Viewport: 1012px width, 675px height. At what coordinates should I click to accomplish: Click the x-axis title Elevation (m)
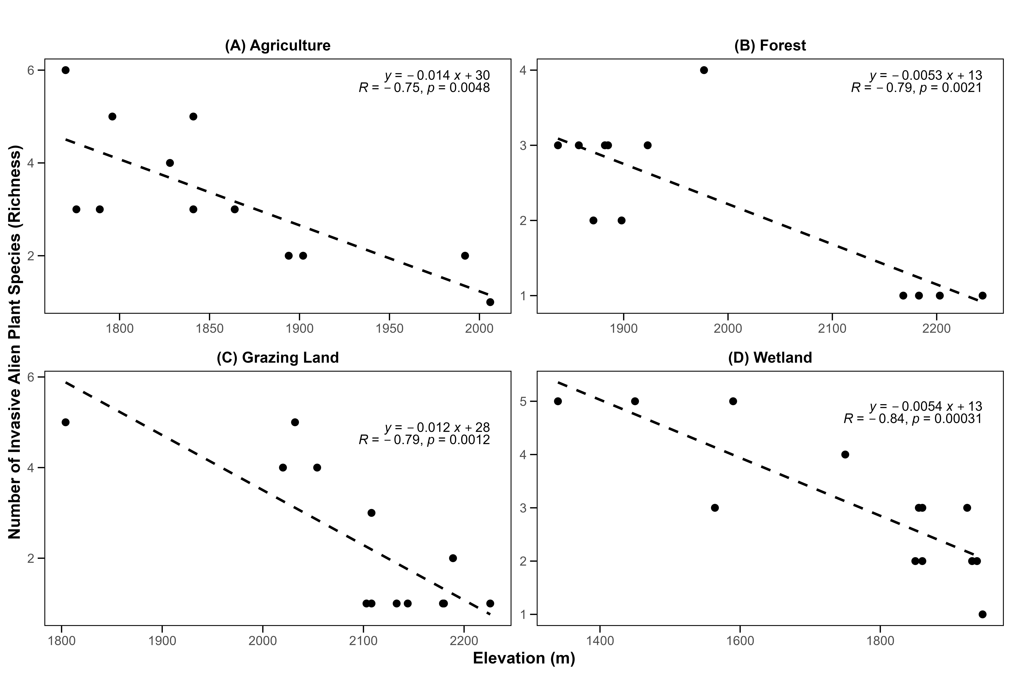coord(524,658)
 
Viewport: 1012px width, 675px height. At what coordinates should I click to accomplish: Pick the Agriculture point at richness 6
coord(65,70)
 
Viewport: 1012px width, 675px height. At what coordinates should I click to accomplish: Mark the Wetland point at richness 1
coord(982,614)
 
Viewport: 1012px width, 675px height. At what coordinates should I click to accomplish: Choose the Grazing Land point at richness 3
coord(371,513)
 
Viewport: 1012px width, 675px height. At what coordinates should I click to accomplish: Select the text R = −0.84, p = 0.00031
coord(913,418)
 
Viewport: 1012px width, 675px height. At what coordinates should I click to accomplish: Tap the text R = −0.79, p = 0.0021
coord(916,88)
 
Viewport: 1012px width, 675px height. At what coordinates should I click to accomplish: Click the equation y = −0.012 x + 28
coord(437,427)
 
